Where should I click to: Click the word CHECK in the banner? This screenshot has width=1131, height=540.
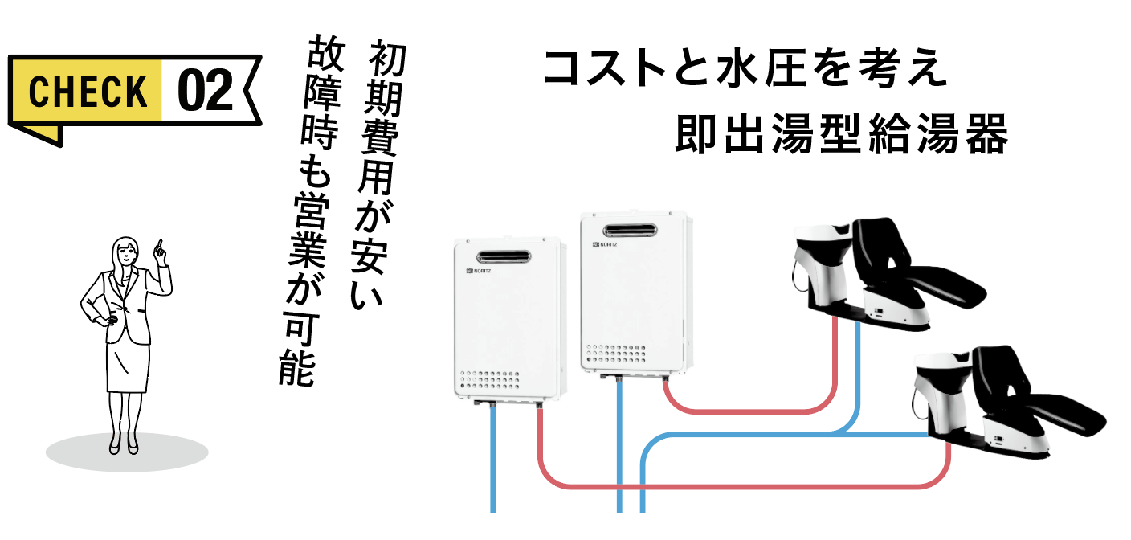click(88, 91)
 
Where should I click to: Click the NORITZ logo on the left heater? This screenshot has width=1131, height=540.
click(480, 272)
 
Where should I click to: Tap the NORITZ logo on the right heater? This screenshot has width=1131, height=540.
click(606, 243)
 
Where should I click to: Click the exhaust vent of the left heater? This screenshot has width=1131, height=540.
click(504, 257)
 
